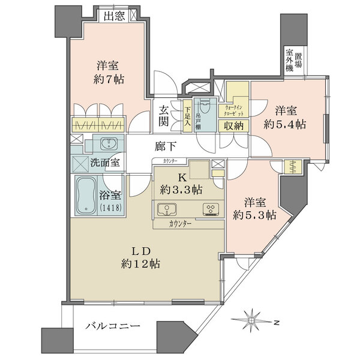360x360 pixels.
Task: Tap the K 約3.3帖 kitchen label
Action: (181, 184)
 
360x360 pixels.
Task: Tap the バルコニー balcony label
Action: (112, 326)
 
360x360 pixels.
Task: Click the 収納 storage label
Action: (234, 126)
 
